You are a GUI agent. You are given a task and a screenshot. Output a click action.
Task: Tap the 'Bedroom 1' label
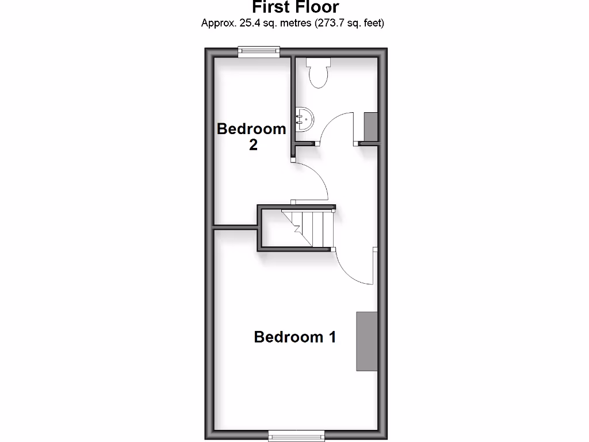294,337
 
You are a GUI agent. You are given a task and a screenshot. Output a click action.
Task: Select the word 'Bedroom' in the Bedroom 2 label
251,128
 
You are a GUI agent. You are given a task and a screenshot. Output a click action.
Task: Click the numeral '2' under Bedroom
253,145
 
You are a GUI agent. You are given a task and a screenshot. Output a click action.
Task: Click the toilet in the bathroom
318,75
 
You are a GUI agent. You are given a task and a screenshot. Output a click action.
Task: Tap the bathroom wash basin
304,119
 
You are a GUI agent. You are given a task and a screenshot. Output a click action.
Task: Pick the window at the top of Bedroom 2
259,52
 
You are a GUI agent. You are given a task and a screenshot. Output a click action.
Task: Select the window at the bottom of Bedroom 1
296,435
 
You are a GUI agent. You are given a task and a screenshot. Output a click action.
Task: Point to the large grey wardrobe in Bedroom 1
366,341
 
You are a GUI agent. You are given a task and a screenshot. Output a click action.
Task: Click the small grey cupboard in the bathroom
370,127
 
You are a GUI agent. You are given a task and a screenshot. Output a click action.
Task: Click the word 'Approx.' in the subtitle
217,24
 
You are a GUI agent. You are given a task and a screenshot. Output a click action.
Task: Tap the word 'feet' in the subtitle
372,24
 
